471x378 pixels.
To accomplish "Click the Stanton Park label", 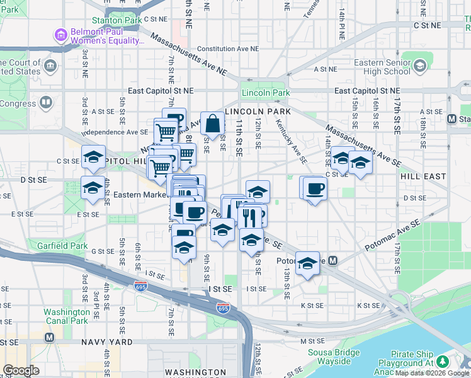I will tap(116, 20).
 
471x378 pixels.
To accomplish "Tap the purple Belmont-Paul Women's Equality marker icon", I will tap(61, 35).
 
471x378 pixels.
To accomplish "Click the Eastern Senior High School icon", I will tap(419, 65).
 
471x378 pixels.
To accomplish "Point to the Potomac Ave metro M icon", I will tap(332, 260).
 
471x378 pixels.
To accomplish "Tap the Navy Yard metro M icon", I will tap(49, 337).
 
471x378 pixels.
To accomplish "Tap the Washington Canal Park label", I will tap(67, 316).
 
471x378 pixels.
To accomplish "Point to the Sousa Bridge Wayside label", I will tap(326, 357).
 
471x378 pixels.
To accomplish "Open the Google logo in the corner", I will tap(21, 370).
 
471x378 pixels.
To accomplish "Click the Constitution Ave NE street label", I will tap(228, 48).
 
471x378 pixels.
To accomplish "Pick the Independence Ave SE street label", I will tap(115, 132).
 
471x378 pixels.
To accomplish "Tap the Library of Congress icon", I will tap(45, 101).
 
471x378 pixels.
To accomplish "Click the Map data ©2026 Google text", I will tap(432, 374).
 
